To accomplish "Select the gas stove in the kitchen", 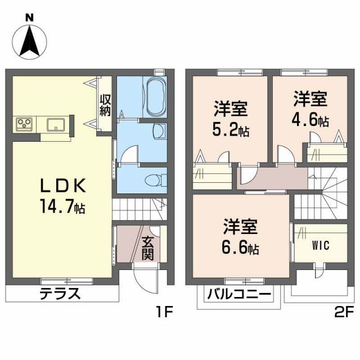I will (24, 123).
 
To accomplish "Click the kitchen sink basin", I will (56, 124).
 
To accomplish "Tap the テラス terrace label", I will (60, 294).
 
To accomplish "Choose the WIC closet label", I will (321, 245).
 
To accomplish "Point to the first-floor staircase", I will (139, 210).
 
